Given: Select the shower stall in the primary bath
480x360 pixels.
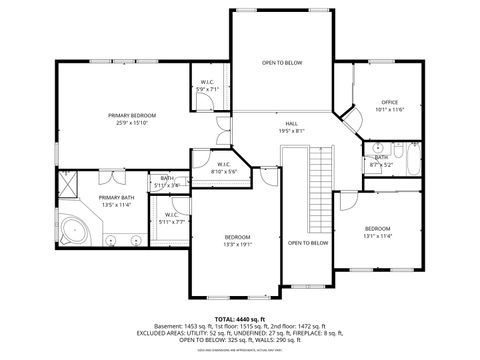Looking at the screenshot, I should (x=69, y=183).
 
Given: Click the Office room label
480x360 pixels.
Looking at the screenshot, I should (x=390, y=103).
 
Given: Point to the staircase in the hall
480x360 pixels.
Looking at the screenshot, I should (x=319, y=175).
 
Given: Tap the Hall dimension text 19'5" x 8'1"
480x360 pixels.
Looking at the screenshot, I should (x=291, y=130).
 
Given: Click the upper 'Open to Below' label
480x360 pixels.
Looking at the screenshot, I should (x=282, y=62).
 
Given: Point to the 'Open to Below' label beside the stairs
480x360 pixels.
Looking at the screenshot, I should (x=308, y=243).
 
